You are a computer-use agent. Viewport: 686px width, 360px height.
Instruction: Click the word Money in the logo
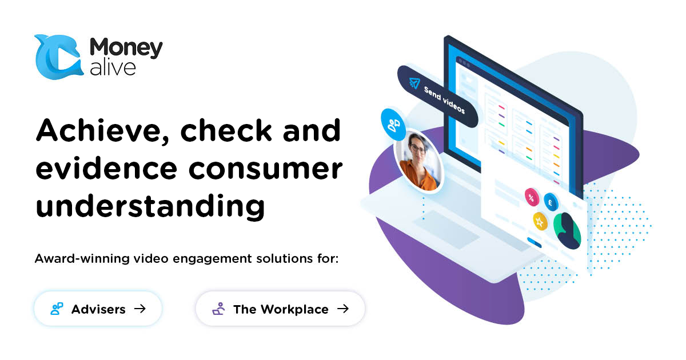126,48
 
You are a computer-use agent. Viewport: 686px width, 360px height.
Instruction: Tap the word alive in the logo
113,67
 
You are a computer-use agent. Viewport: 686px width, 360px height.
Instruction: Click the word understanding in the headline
150,206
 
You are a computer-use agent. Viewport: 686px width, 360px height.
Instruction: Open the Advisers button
98,309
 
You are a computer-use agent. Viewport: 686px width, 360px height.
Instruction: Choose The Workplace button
280,309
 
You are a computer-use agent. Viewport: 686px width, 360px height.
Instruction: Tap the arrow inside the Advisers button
139,309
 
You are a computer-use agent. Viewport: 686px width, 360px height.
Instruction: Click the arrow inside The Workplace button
342,309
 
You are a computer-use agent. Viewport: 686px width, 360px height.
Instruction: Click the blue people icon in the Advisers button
57,309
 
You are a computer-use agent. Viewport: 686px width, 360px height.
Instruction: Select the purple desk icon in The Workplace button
218,309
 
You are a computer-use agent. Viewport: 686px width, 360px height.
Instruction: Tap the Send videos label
444,101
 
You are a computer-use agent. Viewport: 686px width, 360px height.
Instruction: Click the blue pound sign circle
551,201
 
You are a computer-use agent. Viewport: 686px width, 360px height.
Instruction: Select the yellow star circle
539,220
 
